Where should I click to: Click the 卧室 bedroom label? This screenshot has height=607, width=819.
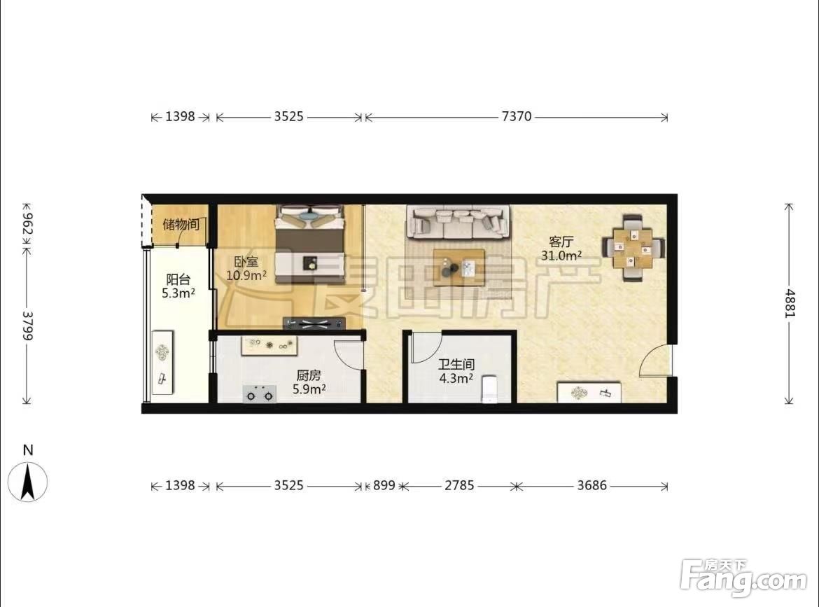246,261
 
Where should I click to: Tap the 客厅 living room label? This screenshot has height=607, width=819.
561,242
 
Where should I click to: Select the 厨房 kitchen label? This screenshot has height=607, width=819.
309,375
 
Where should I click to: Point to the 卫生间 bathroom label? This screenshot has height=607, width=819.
456,364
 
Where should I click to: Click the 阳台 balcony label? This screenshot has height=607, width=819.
178,279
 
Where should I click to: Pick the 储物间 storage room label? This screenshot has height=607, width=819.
181,224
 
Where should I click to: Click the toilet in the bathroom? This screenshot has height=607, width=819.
489,389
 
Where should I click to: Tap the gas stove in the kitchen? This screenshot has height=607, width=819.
260,394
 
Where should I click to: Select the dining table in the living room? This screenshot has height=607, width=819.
633,248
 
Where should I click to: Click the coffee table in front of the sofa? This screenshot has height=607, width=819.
459,267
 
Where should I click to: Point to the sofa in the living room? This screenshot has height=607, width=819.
458,223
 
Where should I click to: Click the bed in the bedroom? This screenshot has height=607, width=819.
310,244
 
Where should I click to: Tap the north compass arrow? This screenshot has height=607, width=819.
28,482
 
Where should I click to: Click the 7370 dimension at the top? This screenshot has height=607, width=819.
516,116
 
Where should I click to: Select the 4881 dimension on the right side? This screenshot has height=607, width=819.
790,303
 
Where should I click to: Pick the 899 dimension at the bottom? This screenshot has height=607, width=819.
384,485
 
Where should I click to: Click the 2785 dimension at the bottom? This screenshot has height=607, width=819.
459,485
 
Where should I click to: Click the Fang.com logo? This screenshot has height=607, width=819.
743,578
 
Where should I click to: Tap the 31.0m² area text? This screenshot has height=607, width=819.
561,256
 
